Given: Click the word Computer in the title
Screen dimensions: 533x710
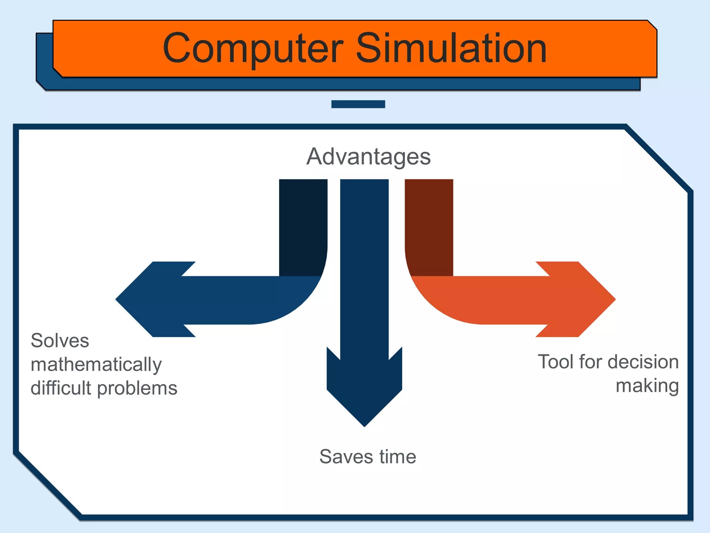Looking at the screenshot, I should click(x=253, y=49).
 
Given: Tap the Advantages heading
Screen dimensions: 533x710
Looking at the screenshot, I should click(x=368, y=157).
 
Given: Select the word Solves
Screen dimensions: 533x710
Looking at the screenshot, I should click(x=60, y=341).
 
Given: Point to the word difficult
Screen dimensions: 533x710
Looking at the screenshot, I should click(x=61, y=388).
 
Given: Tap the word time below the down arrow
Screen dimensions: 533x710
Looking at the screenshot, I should click(x=398, y=457).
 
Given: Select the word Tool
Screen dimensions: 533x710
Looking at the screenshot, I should click(x=556, y=362).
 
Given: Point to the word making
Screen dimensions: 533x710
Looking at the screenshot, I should click(x=647, y=386).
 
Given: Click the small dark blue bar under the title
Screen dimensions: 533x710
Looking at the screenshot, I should click(x=358, y=104).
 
